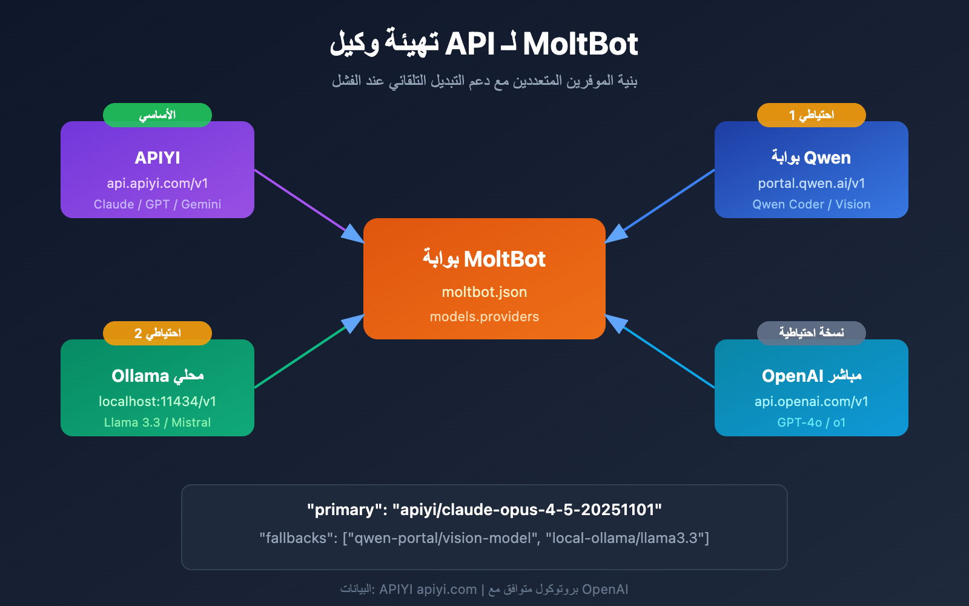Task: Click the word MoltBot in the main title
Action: pyautogui.click(x=580, y=44)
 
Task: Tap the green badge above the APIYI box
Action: pyautogui.click(x=157, y=115)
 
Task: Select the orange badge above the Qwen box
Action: pyautogui.click(x=812, y=115)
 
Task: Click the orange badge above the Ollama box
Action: pyautogui.click(x=157, y=333)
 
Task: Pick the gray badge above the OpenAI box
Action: pyautogui.click(x=812, y=333)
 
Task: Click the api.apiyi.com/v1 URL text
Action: pyautogui.click(x=157, y=183)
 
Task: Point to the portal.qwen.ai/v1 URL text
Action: pyautogui.click(x=812, y=183)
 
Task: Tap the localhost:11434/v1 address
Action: pyautogui.click(x=157, y=401)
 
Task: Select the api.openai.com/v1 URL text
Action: pyautogui.click(x=812, y=401)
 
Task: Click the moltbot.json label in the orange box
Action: pyautogui.click(x=484, y=292)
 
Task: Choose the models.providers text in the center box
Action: pyautogui.click(x=484, y=316)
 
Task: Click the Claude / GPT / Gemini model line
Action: pyautogui.click(x=157, y=204)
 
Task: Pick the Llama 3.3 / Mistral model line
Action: pyautogui.click(x=157, y=422)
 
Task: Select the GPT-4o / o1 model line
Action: pyautogui.click(x=812, y=422)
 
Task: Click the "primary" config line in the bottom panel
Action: pyautogui.click(x=484, y=510)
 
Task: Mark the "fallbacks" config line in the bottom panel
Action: pyautogui.click(x=484, y=538)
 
